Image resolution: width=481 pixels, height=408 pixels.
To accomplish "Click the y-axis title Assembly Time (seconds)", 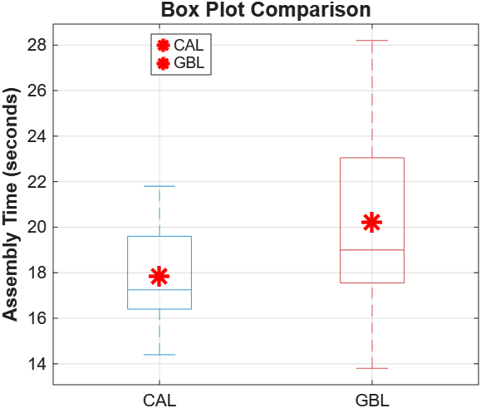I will coord(11,208).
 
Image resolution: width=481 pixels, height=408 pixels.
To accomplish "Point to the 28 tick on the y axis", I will coord(37,45).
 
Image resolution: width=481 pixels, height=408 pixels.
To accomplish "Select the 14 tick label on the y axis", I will coord(37,364).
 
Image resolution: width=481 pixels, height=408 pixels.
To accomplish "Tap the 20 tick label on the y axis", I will coord(37,228).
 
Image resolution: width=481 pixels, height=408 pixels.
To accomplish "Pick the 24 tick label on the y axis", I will coord(37,136).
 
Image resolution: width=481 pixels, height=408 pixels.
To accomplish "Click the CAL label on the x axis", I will coord(160,400).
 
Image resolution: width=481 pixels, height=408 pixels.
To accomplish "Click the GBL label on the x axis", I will coord(372,400).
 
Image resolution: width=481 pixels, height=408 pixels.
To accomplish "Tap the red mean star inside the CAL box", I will coord(160,276).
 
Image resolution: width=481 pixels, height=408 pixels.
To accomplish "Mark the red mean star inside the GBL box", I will coord(372,222).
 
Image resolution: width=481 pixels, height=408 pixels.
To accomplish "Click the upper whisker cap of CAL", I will coord(160,186).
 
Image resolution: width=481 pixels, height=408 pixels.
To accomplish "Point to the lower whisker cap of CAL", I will coord(160,355).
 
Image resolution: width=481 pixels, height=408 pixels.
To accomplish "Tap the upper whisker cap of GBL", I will coord(372,40).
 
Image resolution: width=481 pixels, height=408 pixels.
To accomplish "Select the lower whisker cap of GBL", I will coord(372,368).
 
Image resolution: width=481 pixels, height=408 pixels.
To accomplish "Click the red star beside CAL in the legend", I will coord(163,45).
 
